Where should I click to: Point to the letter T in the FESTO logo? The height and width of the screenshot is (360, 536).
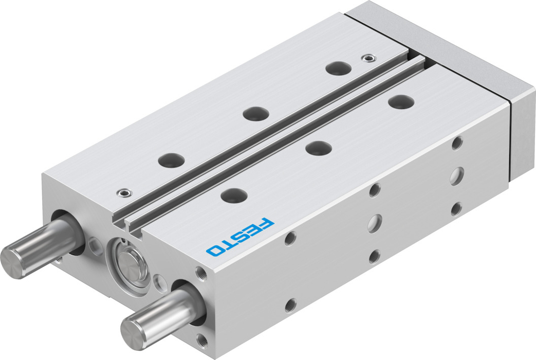pos(230,242)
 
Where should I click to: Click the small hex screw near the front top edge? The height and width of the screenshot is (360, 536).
pos(123,193)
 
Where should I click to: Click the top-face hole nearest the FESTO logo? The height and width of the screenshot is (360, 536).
pos(234,195)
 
